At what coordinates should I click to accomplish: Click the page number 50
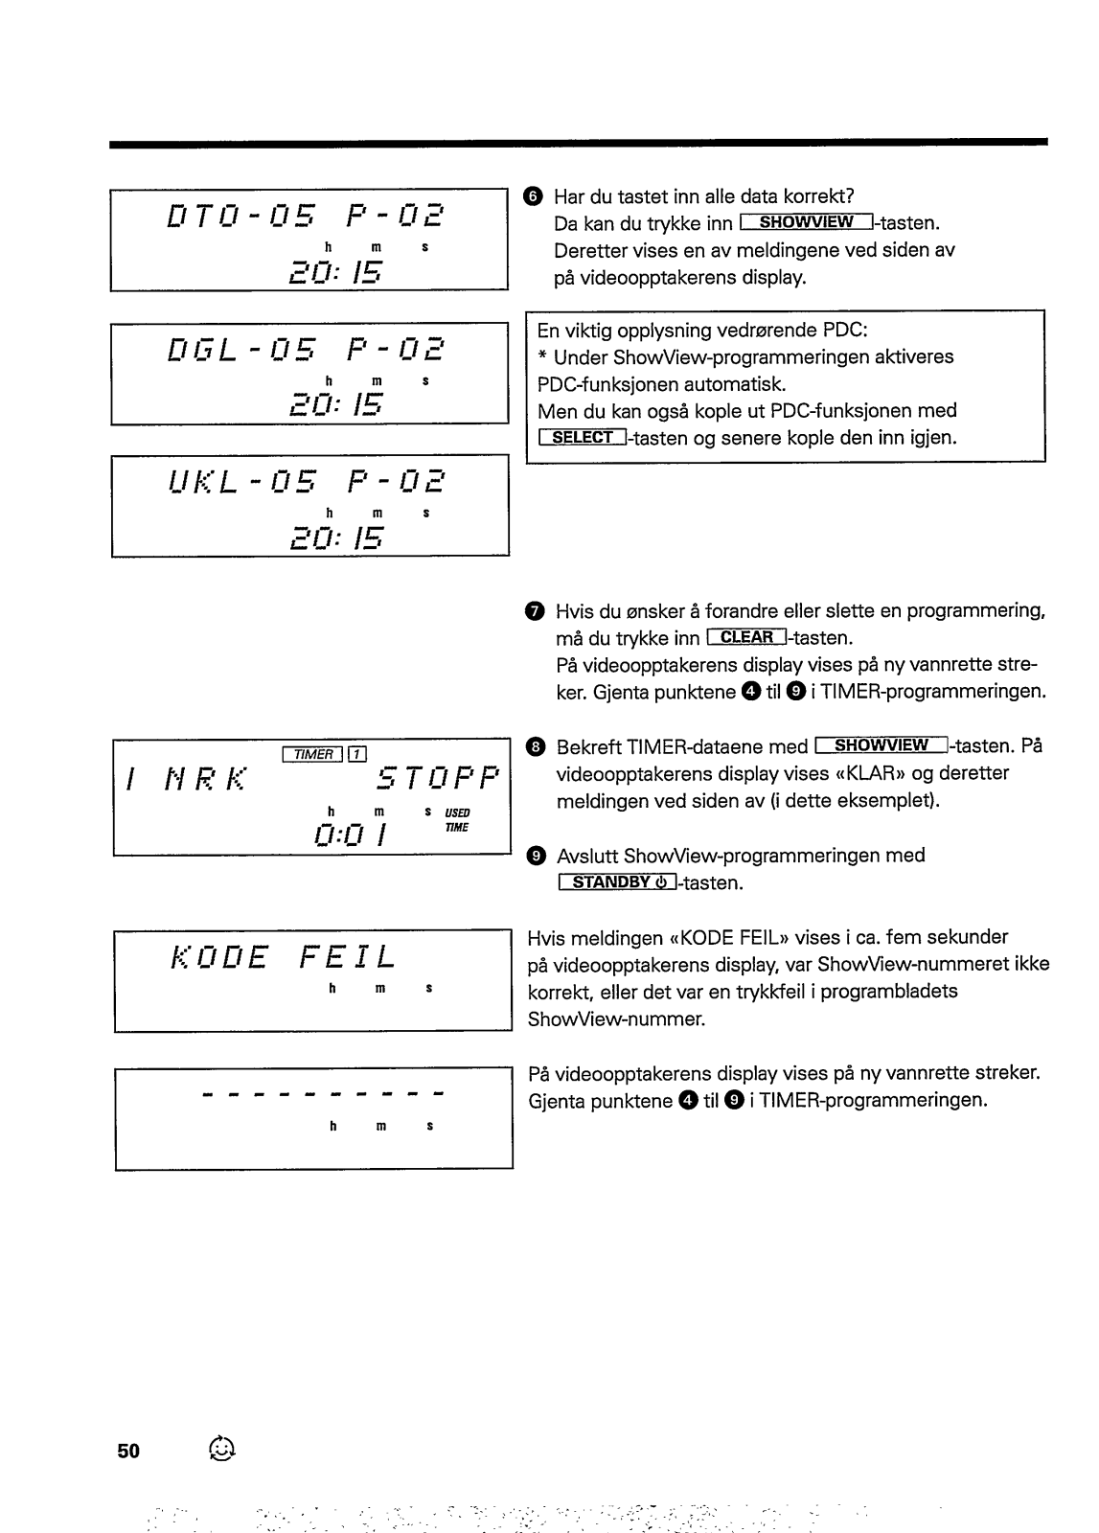128,1451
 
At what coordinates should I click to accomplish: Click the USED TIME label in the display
456,820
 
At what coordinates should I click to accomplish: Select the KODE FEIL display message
283,956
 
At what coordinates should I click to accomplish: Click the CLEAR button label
746,637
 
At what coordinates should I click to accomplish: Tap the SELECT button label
583,438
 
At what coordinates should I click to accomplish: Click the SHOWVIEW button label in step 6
806,223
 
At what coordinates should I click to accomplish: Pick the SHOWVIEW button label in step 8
881,745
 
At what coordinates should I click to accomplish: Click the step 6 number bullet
534,196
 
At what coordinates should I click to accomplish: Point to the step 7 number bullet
535,611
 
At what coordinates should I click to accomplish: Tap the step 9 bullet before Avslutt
537,856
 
